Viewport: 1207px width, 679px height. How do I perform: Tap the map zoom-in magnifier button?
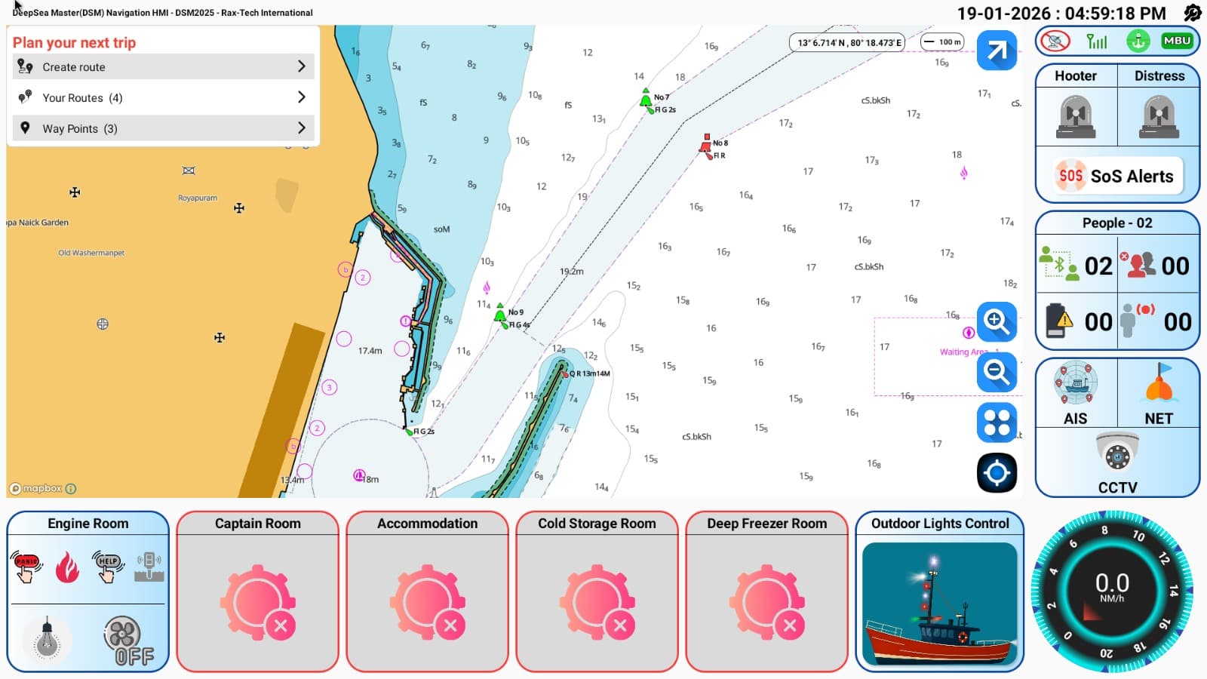tap(997, 321)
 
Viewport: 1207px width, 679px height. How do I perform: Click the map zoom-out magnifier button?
tap(997, 372)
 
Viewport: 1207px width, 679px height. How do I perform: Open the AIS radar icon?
tap(1076, 384)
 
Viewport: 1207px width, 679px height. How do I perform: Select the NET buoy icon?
tap(1159, 384)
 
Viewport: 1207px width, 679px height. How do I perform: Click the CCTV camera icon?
tap(1117, 453)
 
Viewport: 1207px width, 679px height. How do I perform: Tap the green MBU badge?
tap(1177, 41)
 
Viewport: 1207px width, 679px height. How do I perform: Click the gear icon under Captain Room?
tap(258, 603)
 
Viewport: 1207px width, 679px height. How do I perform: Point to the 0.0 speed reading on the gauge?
tap(1112, 582)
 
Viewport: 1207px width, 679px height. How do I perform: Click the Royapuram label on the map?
tap(198, 198)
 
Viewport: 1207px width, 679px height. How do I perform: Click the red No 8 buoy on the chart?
tap(706, 145)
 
